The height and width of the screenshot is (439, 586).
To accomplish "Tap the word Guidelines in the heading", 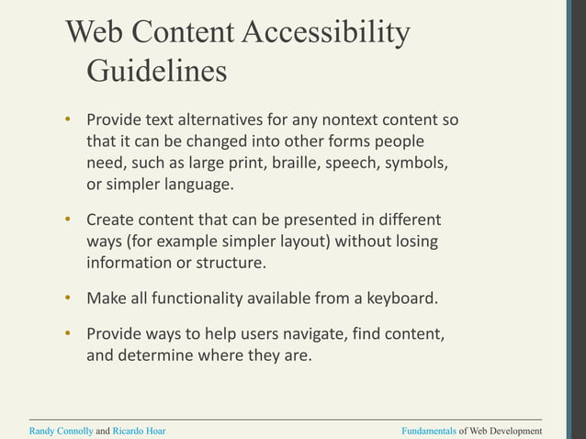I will point(156,71).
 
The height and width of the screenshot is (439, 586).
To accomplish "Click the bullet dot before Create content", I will point(67,220).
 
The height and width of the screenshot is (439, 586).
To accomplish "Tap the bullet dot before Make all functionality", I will point(67,298).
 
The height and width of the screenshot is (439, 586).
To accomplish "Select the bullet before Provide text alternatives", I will point(67,120).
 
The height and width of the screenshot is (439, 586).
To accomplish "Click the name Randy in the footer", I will point(43,431).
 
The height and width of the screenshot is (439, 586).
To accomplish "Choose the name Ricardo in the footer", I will point(130,431).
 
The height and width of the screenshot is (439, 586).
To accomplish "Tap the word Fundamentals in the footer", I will point(429,431).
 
